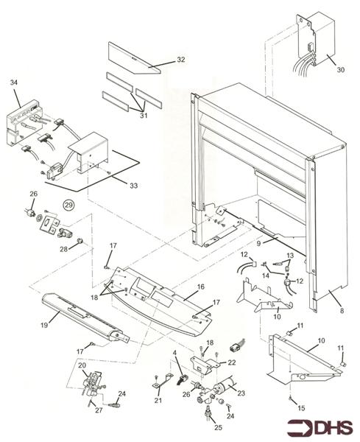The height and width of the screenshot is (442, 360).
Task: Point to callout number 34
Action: click(x=13, y=83)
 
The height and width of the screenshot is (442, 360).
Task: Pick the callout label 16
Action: click(x=200, y=286)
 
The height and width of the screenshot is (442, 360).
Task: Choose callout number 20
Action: click(x=82, y=365)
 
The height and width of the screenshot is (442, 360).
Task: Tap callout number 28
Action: click(x=83, y=248)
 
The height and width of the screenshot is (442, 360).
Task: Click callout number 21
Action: click(x=158, y=400)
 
